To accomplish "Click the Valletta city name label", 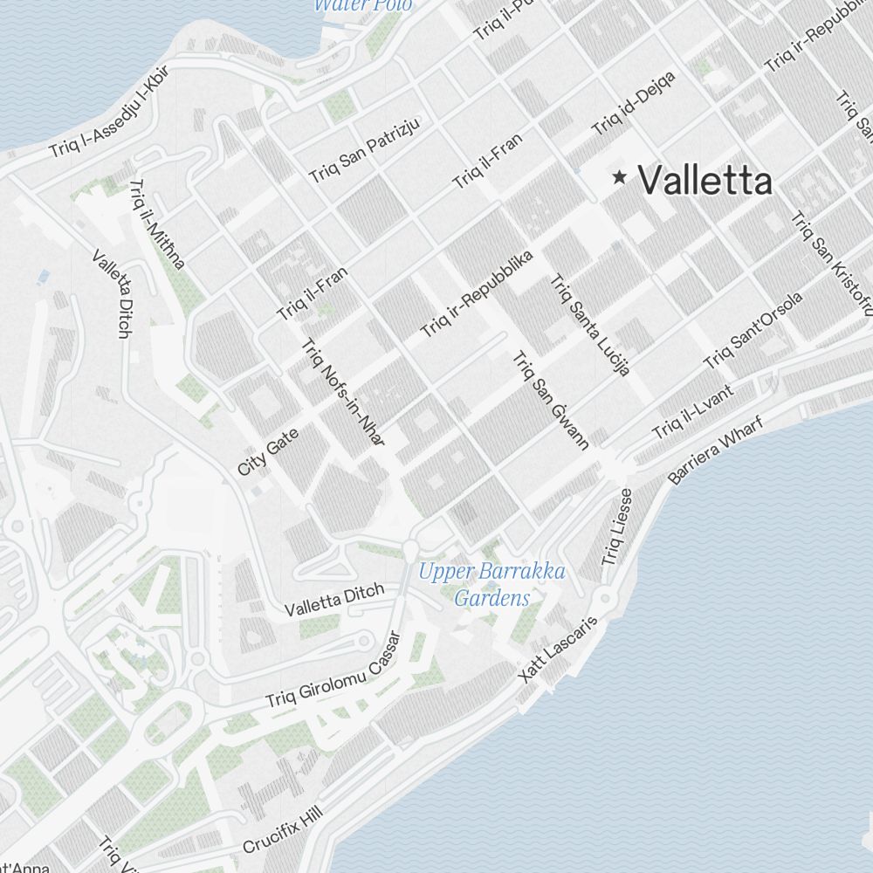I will tap(705, 181).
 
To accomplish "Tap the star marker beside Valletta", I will tap(620, 178).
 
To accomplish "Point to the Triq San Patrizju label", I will tap(364, 149).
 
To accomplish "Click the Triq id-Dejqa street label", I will tap(633, 104).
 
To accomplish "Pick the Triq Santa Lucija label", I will tap(589, 325).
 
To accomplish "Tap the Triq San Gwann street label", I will tap(550, 400).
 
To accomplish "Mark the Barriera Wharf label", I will tap(715, 450).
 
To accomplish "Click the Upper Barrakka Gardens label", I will tap(491, 585).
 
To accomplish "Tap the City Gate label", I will tap(268, 452).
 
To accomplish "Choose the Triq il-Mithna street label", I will tap(157, 224).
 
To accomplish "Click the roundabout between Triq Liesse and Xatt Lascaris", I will tap(604, 599).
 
